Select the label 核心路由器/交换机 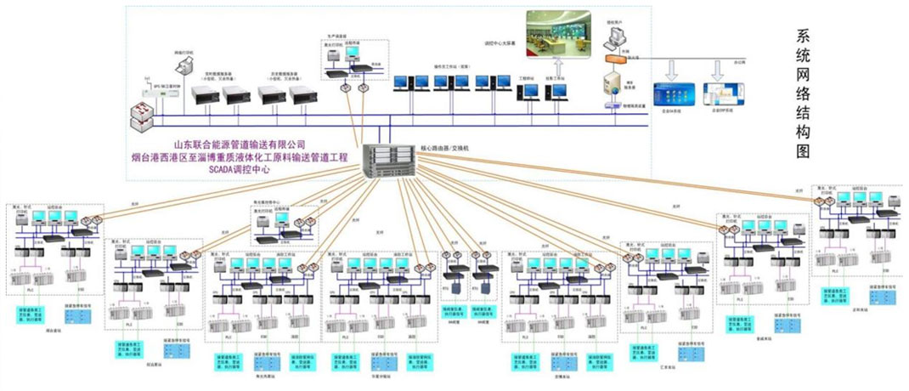point(442,148)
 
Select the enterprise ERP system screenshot point(724,92)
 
